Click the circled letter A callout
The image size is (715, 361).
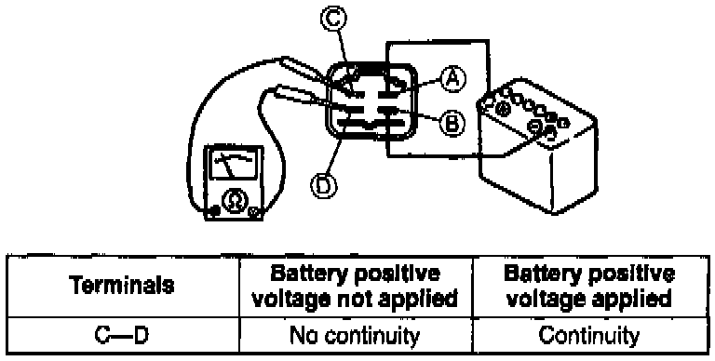(x=452, y=80)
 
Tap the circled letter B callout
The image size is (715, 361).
(x=452, y=123)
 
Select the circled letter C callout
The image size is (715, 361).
(x=333, y=19)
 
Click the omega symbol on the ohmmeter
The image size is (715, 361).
(x=232, y=201)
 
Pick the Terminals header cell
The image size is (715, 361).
(x=123, y=286)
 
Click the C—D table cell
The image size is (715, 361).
(x=123, y=336)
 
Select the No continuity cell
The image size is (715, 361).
(x=356, y=336)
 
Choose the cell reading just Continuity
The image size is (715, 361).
(x=589, y=336)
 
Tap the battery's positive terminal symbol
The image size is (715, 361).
(x=502, y=109)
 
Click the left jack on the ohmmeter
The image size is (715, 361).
(x=212, y=211)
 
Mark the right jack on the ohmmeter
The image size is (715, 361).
(x=255, y=212)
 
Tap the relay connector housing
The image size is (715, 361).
(x=371, y=101)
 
